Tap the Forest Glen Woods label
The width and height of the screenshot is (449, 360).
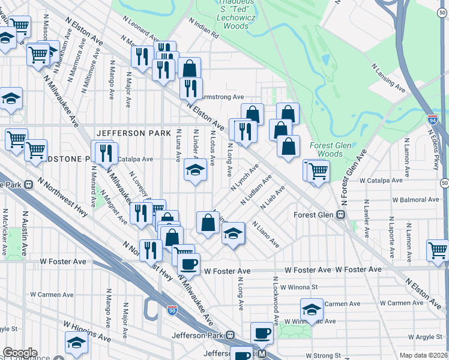coord(326,149)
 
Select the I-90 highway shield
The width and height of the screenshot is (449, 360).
coord(172,310)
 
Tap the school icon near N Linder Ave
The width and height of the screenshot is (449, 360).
coord(194,172)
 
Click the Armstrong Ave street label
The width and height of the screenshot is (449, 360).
coord(223,97)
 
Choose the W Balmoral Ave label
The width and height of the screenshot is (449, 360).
coord(415,199)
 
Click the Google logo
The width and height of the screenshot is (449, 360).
coord(20,353)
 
